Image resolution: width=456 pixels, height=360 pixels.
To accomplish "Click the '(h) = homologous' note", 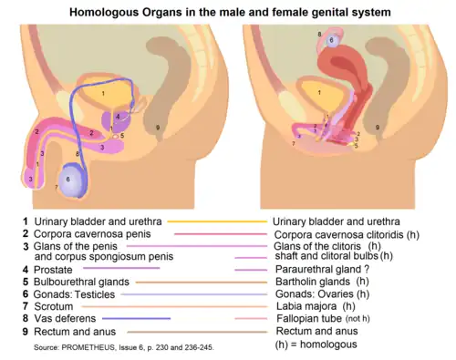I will pyautogui.click(x=316, y=345).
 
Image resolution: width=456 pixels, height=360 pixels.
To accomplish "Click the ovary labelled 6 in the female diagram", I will pyautogui.click(x=334, y=40).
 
